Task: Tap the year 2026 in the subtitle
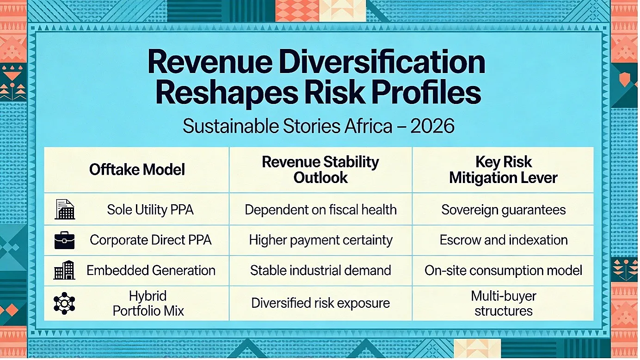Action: (x=432, y=126)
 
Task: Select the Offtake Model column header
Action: (x=137, y=169)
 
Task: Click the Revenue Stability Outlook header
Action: (x=320, y=170)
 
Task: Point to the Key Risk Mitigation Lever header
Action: (x=503, y=170)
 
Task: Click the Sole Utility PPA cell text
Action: (x=150, y=209)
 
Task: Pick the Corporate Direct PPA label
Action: (x=151, y=240)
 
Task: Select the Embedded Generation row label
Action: (x=151, y=270)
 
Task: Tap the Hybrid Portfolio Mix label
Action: (x=148, y=303)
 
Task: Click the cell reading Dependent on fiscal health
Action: (x=320, y=209)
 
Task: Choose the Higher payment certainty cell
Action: (x=320, y=240)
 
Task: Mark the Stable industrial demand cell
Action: (x=320, y=270)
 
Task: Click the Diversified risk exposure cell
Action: (x=320, y=303)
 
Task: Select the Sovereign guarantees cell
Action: (x=504, y=210)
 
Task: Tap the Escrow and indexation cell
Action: (x=504, y=240)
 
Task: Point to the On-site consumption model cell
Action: (x=504, y=270)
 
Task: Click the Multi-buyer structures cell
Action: (x=504, y=303)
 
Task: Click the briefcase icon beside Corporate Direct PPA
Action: (x=64, y=240)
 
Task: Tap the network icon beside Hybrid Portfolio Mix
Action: (x=64, y=303)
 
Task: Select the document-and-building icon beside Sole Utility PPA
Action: (x=65, y=209)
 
